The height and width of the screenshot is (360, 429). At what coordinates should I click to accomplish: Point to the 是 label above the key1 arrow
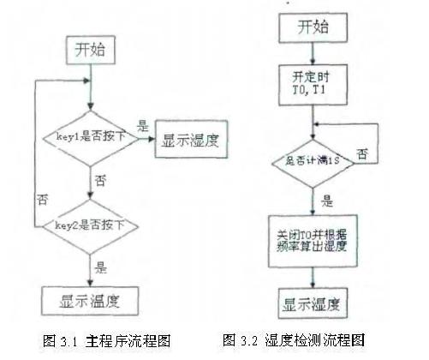(x=143, y=125)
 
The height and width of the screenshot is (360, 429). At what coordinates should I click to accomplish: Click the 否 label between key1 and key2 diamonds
(x=103, y=181)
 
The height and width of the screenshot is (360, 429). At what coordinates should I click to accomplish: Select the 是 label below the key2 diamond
(x=103, y=266)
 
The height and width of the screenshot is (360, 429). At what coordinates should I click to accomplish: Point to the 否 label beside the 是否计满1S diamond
(x=363, y=153)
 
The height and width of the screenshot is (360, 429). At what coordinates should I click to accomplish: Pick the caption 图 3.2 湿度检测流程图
(x=294, y=339)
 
